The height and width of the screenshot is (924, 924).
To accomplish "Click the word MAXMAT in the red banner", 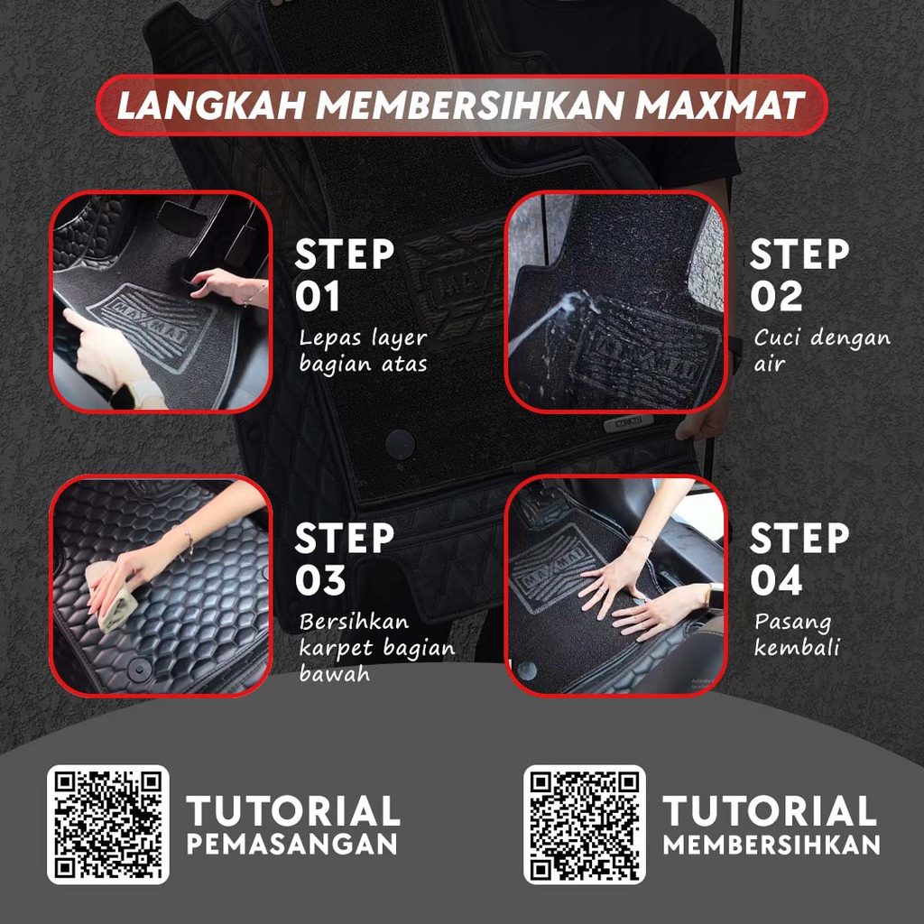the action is point(719,106).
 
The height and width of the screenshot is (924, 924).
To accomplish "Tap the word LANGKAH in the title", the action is point(211,106).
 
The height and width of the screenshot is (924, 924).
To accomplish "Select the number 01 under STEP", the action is point(318,296).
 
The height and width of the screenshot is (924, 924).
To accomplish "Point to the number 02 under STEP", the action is point(776,296).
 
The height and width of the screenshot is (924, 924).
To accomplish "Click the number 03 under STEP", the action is point(320,580).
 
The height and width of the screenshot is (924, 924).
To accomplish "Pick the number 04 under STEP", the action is point(776,580).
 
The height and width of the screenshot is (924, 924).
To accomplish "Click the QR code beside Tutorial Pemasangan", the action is point(108,825).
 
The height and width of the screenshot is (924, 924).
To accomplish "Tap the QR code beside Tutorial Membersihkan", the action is point(584,825).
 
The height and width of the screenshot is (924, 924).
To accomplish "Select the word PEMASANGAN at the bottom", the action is point(292,844).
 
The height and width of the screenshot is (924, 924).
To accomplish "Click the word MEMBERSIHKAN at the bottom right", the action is point(772,844).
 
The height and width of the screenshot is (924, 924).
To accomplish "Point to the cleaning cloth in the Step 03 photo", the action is point(111,596).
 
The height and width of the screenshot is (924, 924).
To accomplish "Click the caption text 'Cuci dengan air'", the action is point(821,351).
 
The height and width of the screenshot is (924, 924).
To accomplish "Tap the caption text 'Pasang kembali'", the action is point(797,634).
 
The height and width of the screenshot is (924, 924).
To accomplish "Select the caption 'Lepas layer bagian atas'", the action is point(363,351).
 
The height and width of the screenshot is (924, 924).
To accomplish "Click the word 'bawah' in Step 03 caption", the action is point(334,673).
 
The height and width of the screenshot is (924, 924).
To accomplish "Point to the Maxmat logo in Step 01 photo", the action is point(152,326).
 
